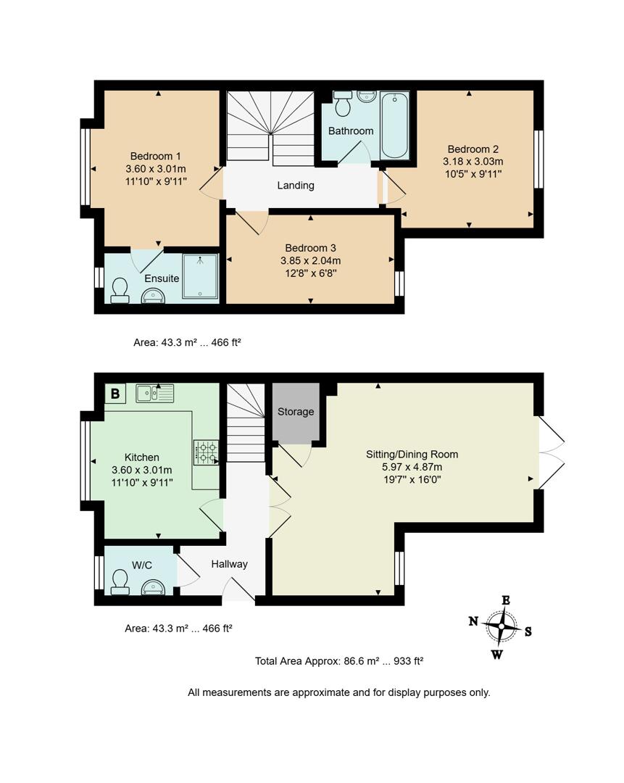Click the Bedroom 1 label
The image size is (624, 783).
click(156, 156)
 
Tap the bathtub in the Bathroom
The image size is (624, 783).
click(395, 125)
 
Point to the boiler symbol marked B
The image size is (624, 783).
click(115, 394)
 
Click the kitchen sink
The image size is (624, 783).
click(154, 393)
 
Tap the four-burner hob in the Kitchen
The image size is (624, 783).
click(207, 453)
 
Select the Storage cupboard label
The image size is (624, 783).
click(296, 412)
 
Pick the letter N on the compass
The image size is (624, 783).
click(473, 621)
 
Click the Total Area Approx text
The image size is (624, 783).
click(338, 661)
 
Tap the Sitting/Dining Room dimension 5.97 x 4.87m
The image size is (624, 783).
click(412, 467)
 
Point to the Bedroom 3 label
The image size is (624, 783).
click(310, 247)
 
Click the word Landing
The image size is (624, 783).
click(296, 186)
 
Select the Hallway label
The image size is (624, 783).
click(229, 564)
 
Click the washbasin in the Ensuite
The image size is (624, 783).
click(152, 294)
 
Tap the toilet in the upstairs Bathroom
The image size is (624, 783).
click(344, 106)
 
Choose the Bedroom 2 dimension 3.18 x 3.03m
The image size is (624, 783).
click(473, 162)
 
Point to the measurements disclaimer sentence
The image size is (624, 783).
click(338, 692)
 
